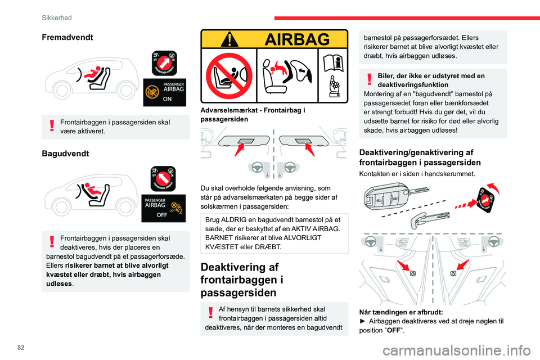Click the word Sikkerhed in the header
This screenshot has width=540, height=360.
point(56,17)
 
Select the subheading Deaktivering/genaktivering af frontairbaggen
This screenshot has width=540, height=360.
point(419,157)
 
